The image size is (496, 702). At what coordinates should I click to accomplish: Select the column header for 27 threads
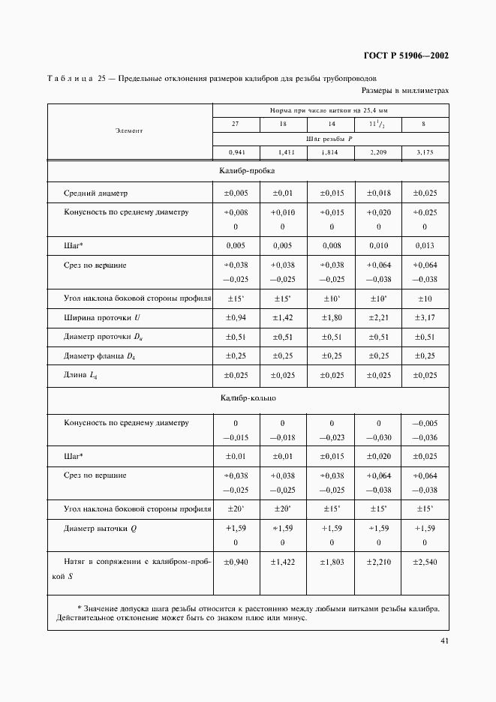[235, 124]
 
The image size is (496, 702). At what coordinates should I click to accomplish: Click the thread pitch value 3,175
[424, 152]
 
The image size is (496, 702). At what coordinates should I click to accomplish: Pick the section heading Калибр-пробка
[247, 172]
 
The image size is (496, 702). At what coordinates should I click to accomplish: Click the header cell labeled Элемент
[129, 130]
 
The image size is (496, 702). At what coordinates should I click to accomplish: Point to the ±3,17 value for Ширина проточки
[424, 318]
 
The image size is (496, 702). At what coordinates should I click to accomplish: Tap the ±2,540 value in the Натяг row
[424, 561]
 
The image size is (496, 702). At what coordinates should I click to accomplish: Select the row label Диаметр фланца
[94, 355]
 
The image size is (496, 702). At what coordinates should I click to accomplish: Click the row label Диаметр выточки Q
[101, 528]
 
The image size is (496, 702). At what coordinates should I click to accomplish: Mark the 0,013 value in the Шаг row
[424, 245]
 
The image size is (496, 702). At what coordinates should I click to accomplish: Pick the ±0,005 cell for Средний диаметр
[235, 193]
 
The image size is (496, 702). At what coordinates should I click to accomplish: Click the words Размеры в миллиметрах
[404, 91]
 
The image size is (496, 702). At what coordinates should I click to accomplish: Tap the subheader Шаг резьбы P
[329, 138]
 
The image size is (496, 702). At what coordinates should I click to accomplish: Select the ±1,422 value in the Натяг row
[282, 561]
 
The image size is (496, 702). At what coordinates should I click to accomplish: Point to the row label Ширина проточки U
[98, 318]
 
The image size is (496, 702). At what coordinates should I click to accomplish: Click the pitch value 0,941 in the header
[235, 152]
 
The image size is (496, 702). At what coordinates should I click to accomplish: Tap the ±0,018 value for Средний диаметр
[377, 193]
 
